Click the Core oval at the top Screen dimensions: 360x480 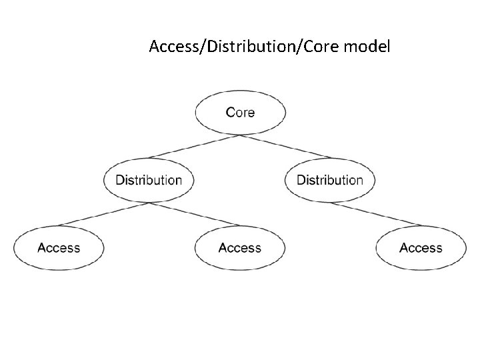[x=240, y=112]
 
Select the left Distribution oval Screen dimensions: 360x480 [x=149, y=180]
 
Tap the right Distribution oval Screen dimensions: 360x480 [x=330, y=180]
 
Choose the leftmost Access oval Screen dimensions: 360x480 [x=59, y=248]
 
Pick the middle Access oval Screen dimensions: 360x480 [x=240, y=248]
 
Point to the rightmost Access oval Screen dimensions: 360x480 [x=421, y=248]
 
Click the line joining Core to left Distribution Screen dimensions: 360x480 [x=193, y=146]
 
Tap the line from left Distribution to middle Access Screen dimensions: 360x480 [x=194, y=214]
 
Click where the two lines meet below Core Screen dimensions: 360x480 [x=240, y=135]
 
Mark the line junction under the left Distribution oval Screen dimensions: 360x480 [x=149, y=203]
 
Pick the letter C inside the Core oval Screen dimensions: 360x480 [x=231, y=112]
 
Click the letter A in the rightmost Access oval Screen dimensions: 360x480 [x=404, y=248]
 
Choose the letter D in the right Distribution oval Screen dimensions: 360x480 [x=301, y=180]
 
